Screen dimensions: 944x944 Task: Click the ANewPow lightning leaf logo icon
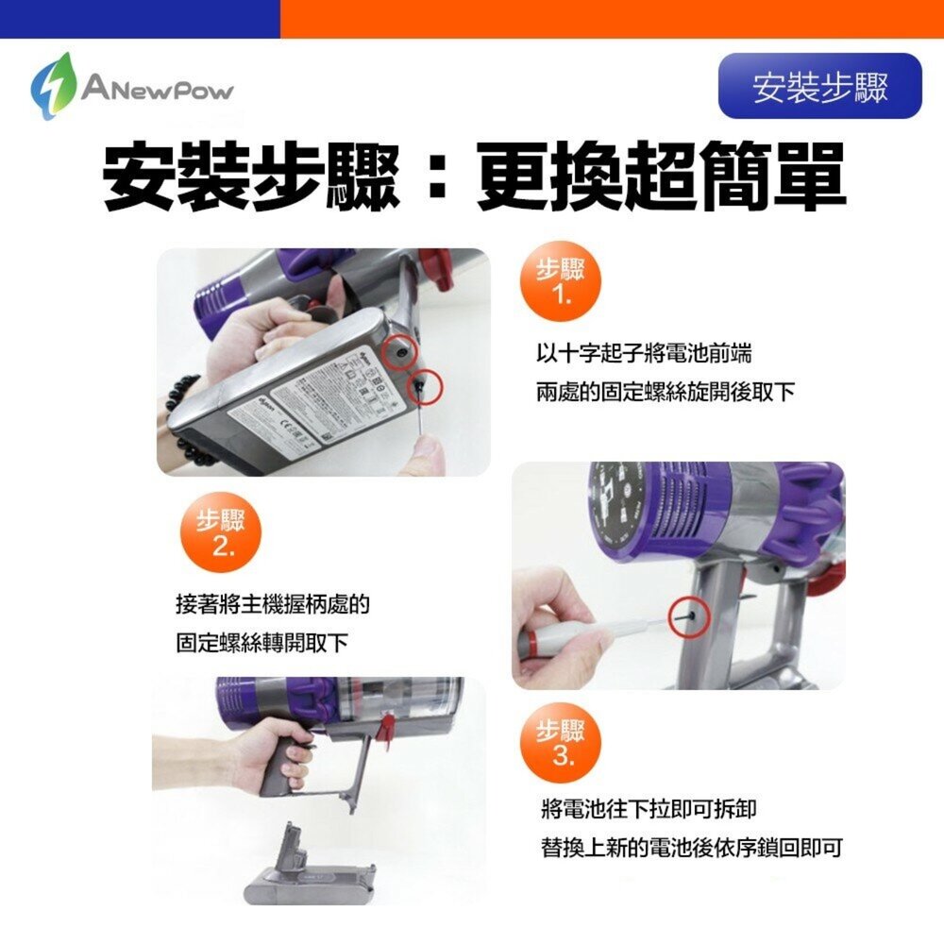tap(51, 87)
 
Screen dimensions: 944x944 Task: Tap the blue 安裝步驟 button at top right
tap(819, 86)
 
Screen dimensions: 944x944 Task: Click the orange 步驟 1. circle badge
tap(560, 284)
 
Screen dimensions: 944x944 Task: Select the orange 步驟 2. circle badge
tap(220, 536)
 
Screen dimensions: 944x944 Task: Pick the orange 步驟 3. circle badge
tap(560, 742)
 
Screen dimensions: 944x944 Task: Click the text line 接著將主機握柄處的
tap(273, 605)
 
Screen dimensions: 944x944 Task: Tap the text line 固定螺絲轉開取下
tap(262, 643)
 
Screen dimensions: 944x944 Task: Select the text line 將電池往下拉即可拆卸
tap(649, 809)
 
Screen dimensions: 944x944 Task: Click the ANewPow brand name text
tap(157, 90)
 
